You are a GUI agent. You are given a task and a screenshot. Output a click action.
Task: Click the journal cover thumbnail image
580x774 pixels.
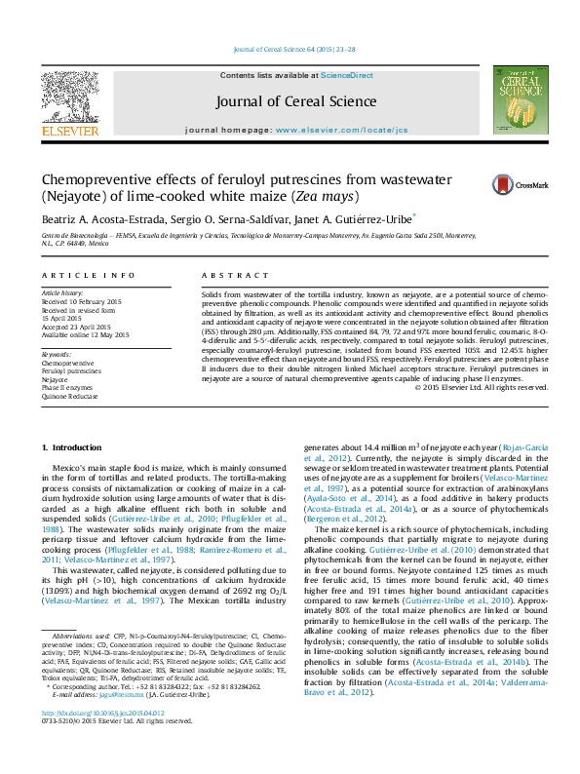pos(520,98)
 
